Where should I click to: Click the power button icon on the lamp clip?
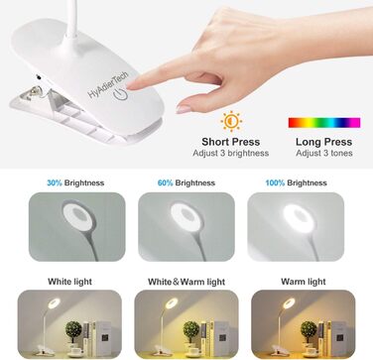(x=120, y=94)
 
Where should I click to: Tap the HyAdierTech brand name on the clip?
(x=108, y=84)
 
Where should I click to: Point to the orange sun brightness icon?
(x=231, y=121)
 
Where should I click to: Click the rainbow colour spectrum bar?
(x=324, y=123)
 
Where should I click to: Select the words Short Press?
(x=231, y=142)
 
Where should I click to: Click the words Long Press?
(x=323, y=142)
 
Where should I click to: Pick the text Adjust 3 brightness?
(x=231, y=154)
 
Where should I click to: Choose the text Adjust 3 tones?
(x=324, y=154)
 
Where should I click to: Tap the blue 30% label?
(x=55, y=183)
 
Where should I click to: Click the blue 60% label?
(x=165, y=183)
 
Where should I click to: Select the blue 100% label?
(x=275, y=183)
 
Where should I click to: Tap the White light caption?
(x=69, y=282)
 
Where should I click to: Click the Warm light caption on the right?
(x=304, y=282)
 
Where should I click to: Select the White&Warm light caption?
(x=186, y=282)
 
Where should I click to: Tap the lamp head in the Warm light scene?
(x=289, y=303)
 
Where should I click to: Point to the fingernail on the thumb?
(x=184, y=109)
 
